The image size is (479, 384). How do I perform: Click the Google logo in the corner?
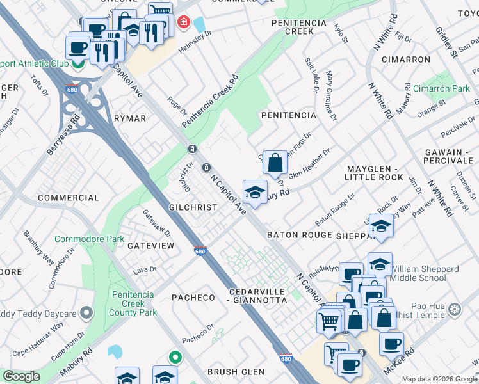click(x=20, y=377)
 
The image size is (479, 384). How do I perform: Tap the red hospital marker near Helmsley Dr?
click(x=183, y=23)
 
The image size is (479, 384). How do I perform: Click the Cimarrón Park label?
click(x=442, y=88)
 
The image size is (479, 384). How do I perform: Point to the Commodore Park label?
click(x=89, y=239)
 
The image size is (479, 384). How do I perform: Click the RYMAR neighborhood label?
click(x=130, y=118)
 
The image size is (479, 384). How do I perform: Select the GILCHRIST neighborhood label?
click(x=193, y=208)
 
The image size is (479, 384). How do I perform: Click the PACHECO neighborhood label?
click(x=193, y=298)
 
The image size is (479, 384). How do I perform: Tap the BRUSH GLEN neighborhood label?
click(x=236, y=371)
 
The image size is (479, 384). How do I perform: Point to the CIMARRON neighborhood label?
click(x=405, y=59)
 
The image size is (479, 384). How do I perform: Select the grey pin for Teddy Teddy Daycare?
click(x=88, y=313)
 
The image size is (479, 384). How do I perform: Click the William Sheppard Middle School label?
click(x=428, y=273)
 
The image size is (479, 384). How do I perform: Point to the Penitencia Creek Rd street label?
click(x=209, y=101)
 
